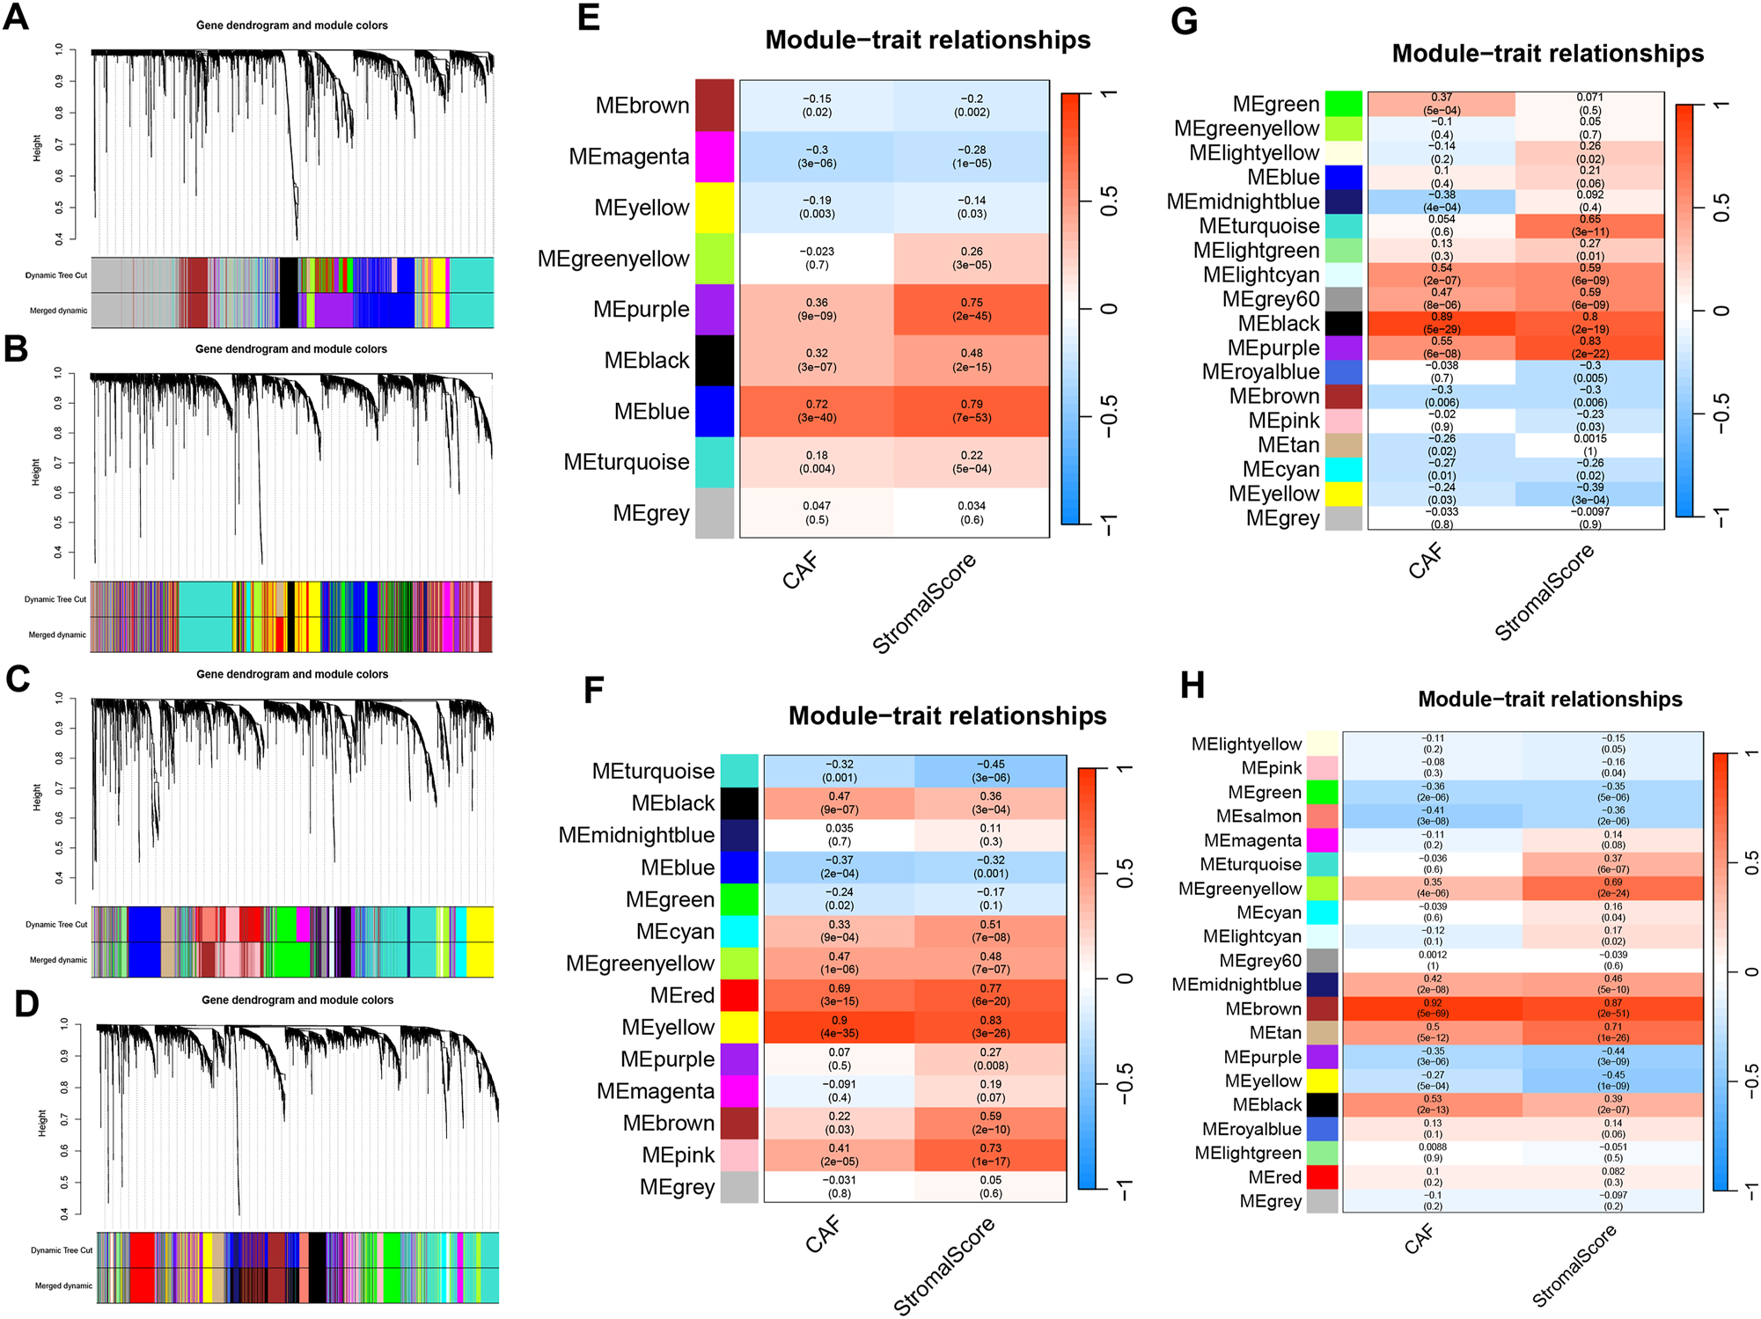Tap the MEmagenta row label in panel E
tap(628, 157)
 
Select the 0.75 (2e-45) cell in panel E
tap(972, 309)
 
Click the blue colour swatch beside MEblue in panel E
tap(714, 411)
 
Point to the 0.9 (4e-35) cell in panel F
tap(839, 1027)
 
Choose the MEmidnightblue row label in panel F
tap(636, 835)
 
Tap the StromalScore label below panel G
tap(1545, 591)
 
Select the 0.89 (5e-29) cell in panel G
tap(1442, 323)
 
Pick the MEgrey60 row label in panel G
tap(1270, 299)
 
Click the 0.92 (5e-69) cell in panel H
tap(1432, 1008)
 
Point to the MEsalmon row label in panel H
tap(1258, 817)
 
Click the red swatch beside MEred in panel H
tap(1322, 1176)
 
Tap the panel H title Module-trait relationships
tap(1550, 700)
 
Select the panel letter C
tap(18, 679)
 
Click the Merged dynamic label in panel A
tap(58, 311)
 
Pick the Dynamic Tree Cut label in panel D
tap(61, 1250)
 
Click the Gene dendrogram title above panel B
tap(290, 349)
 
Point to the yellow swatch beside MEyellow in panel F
tap(739, 1027)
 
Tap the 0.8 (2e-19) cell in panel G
tap(1589, 323)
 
